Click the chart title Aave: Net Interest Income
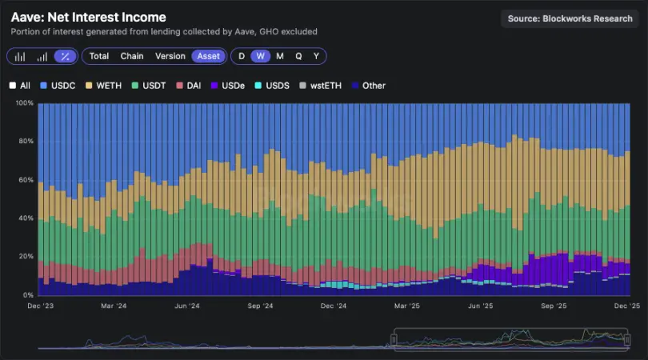(89, 17)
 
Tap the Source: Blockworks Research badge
(570, 18)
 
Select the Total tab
(99, 56)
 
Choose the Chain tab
(132, 56)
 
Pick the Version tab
(170, 56)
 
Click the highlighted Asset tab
(210, 56)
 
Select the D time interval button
(242, 56)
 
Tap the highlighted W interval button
(260, 56)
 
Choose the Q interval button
(298, 56)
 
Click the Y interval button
(316, 56)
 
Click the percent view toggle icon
(66, 56)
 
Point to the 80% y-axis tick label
(26, 142)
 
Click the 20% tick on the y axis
(26, 257)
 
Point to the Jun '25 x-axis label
(481, 306)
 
